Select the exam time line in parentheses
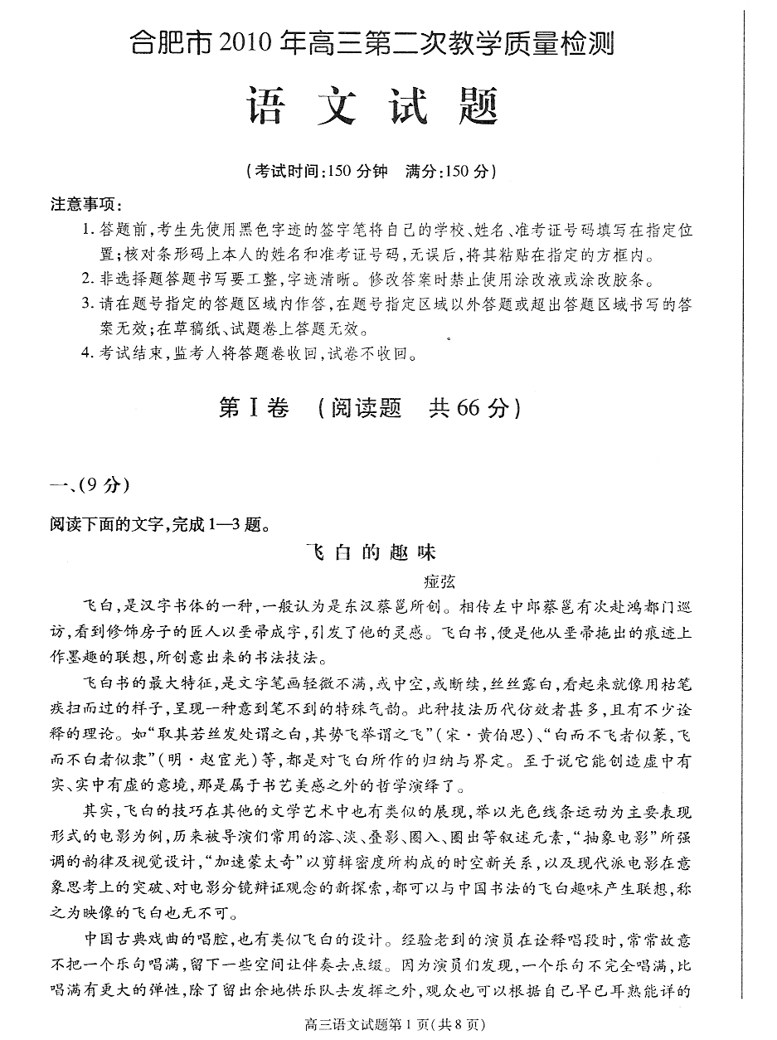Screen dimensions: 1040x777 tap(372, 172)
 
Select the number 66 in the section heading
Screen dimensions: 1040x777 tap(469, 407)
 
